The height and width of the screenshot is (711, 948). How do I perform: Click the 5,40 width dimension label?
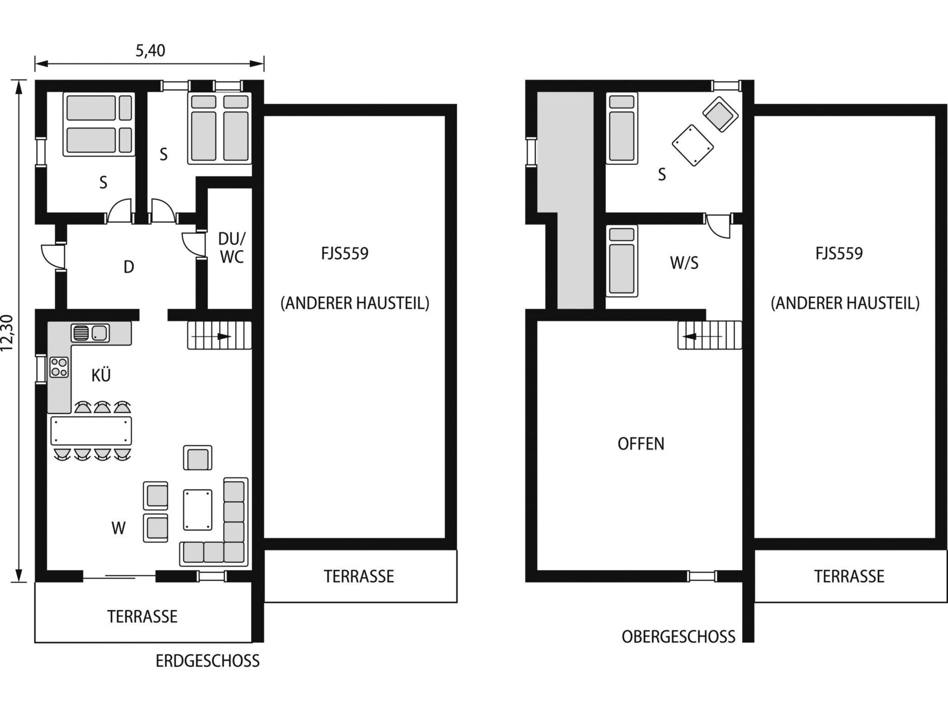(150, 50)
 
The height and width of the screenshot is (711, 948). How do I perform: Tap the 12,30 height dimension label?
(7, 333)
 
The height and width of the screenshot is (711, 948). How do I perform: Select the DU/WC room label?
(232, 248)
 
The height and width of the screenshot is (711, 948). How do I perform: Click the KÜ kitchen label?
(101, 375)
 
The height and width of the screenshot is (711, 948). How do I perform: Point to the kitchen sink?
(90, 333)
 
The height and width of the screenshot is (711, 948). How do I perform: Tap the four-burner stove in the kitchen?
(59, 367)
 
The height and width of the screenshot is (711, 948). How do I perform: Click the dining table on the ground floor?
(91, 431)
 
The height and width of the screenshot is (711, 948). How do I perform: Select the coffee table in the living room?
(197, 510)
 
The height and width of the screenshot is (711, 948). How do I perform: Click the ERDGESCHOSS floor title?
(207, 661)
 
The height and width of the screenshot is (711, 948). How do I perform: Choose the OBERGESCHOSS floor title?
(678, 637)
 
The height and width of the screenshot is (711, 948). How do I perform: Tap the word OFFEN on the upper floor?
(641, 444)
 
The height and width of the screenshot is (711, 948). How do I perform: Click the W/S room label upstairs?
(684, 263)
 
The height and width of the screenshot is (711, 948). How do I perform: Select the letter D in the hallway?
(128, 267)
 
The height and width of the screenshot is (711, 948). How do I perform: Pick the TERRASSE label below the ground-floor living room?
(142, 617)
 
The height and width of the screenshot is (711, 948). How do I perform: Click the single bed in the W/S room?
(622, 261)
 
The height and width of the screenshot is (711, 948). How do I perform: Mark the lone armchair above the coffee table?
(198, 458)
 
